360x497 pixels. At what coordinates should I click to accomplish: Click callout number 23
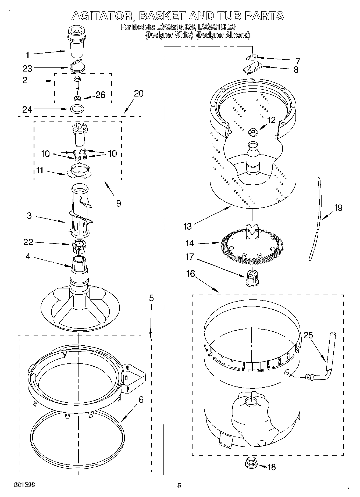point(27,69)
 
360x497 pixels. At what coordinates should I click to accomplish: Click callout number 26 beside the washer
point(100,95)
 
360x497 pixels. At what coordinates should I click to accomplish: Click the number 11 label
point(40,170)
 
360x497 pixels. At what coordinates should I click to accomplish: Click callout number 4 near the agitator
point(28,256)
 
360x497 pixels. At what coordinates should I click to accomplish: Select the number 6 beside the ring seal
point(141,400)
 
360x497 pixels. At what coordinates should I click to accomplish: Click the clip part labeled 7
point(252,57)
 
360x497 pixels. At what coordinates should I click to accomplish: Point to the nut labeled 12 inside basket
point(252,131)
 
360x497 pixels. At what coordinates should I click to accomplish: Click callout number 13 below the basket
point(187,226)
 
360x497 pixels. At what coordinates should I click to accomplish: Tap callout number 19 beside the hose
point(338,208)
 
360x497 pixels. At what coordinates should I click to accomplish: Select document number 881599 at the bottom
point(24,485)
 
